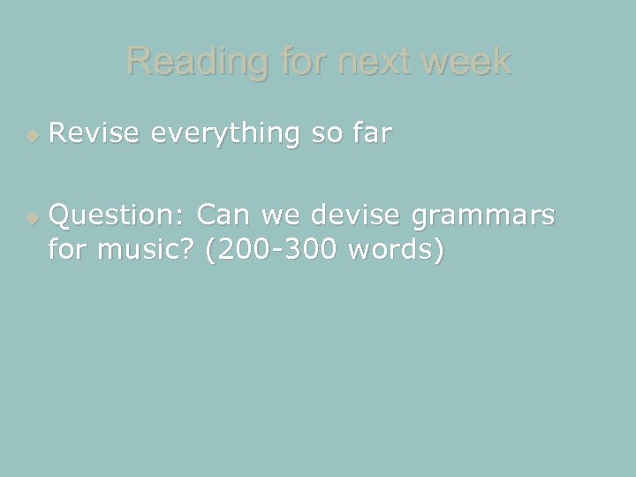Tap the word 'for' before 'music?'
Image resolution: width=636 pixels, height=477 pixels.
pyautogui.click(x=69, y=251)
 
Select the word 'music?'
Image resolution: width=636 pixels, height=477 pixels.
pyautogui.click(x=148, y=251)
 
